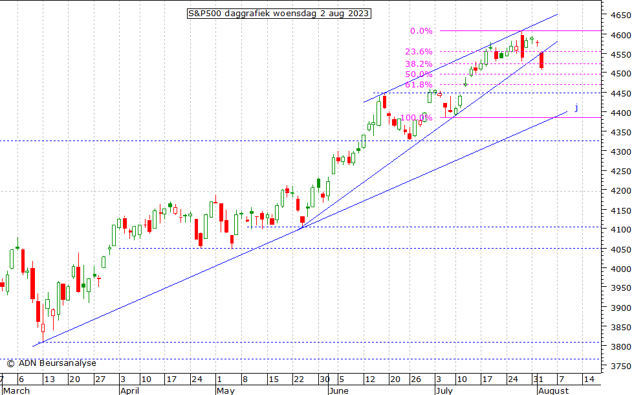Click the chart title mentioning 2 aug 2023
279,13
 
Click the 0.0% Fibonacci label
421,31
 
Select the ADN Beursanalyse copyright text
51,363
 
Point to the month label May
225,390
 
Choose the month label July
444,390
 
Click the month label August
553,390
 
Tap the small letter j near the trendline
576,107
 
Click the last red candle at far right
541,60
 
